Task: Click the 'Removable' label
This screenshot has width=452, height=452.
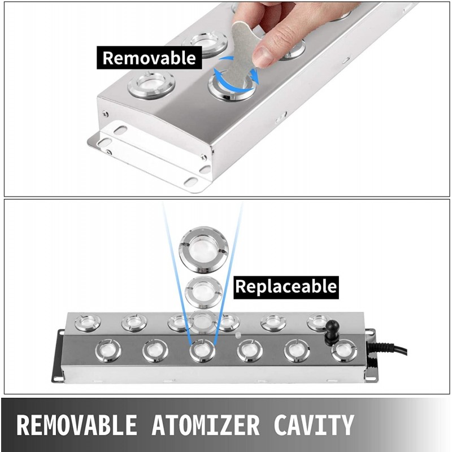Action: (149, 58)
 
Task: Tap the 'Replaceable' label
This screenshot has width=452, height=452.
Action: (286, 286)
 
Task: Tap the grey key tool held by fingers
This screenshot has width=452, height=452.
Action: (244, 45)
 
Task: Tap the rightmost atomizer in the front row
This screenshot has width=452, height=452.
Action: (342, 351)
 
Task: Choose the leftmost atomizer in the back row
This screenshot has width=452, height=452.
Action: (88, 323)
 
